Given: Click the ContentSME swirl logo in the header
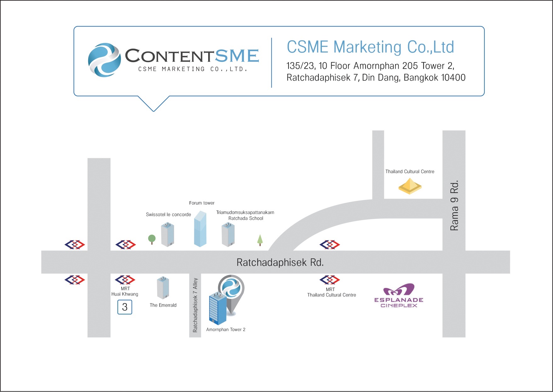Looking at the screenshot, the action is tap(104, 60).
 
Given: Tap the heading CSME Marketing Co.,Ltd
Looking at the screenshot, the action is tap(370, 47).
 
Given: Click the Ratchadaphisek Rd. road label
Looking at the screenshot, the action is tap(280, 262).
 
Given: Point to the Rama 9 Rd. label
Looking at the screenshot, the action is tap(454, 205).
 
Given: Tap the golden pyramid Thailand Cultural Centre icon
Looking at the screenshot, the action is tap(410, 186).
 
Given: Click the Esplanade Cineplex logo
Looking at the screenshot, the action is tap(399, 295).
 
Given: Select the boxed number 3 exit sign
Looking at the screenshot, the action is tap(125, 307).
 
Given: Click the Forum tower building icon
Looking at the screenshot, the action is tap(200, 229).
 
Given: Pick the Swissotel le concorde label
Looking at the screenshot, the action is tap(168, 214).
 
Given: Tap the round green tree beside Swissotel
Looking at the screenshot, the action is tap(152, 239).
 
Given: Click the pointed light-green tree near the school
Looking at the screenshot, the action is tap(260, 240).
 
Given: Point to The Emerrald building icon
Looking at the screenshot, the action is tap(163, 288).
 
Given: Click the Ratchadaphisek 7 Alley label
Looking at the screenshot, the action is tap(195, 305).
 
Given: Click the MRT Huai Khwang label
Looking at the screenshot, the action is tap(125, 291).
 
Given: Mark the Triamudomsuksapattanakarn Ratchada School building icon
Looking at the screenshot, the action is tap(228, 235).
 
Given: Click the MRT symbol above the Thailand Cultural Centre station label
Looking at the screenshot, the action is tap(330, 280).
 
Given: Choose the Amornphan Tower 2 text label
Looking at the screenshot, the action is tap(226, 330).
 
